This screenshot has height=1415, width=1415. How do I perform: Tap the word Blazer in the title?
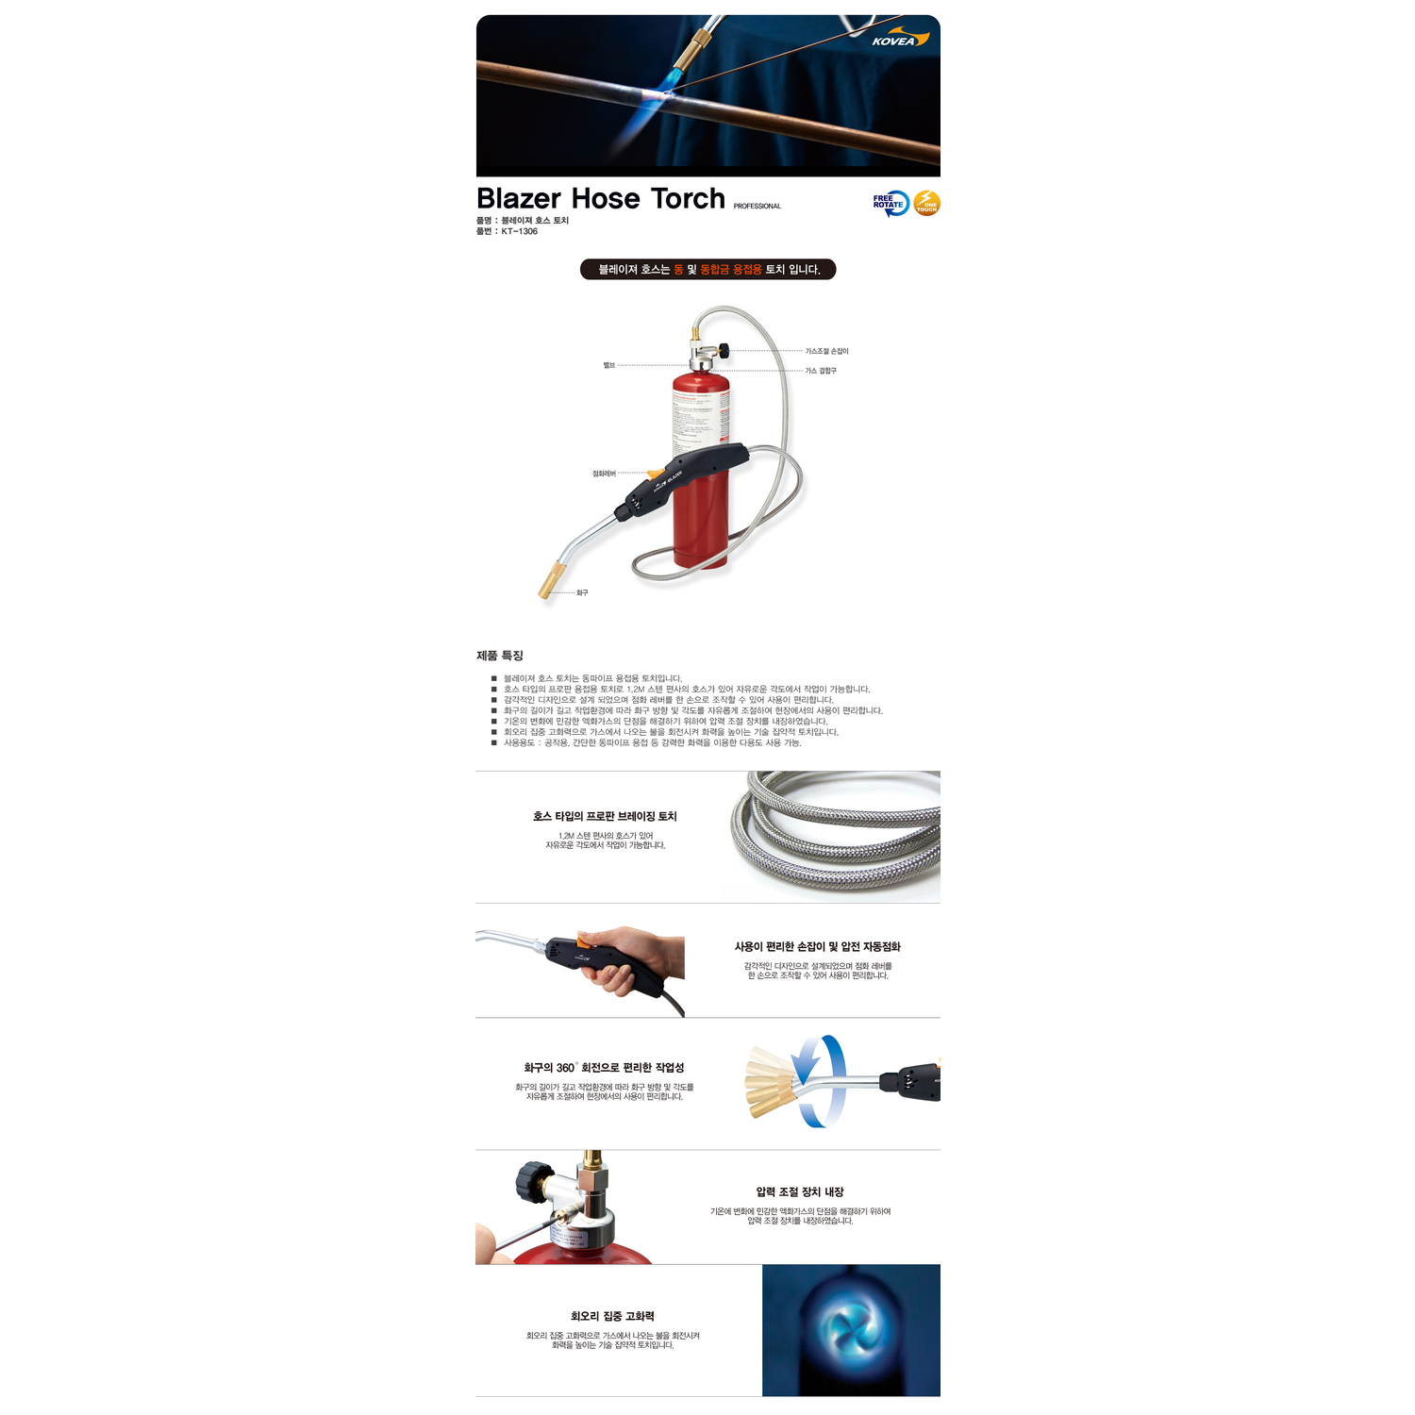519,199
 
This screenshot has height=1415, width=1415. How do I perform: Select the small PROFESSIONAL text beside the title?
757,207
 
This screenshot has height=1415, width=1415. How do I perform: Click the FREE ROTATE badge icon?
891,203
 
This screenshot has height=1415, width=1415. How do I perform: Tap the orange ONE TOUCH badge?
927,203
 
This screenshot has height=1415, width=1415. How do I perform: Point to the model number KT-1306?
519,231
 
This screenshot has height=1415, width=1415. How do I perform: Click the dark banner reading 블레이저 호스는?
707,270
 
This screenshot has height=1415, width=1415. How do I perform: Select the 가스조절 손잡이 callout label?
826,351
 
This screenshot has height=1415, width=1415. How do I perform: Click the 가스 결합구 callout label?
821,371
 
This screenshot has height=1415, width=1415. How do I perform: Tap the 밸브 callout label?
609,365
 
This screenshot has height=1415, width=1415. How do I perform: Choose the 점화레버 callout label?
604,474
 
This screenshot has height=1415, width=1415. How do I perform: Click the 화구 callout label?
582,592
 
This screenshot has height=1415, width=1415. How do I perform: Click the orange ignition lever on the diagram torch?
656,474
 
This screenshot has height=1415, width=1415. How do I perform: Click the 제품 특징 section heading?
500,656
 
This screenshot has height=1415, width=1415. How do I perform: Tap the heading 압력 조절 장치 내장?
800,1192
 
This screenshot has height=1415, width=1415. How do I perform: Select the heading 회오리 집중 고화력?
612,1316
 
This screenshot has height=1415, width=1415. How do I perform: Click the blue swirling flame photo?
851,1330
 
